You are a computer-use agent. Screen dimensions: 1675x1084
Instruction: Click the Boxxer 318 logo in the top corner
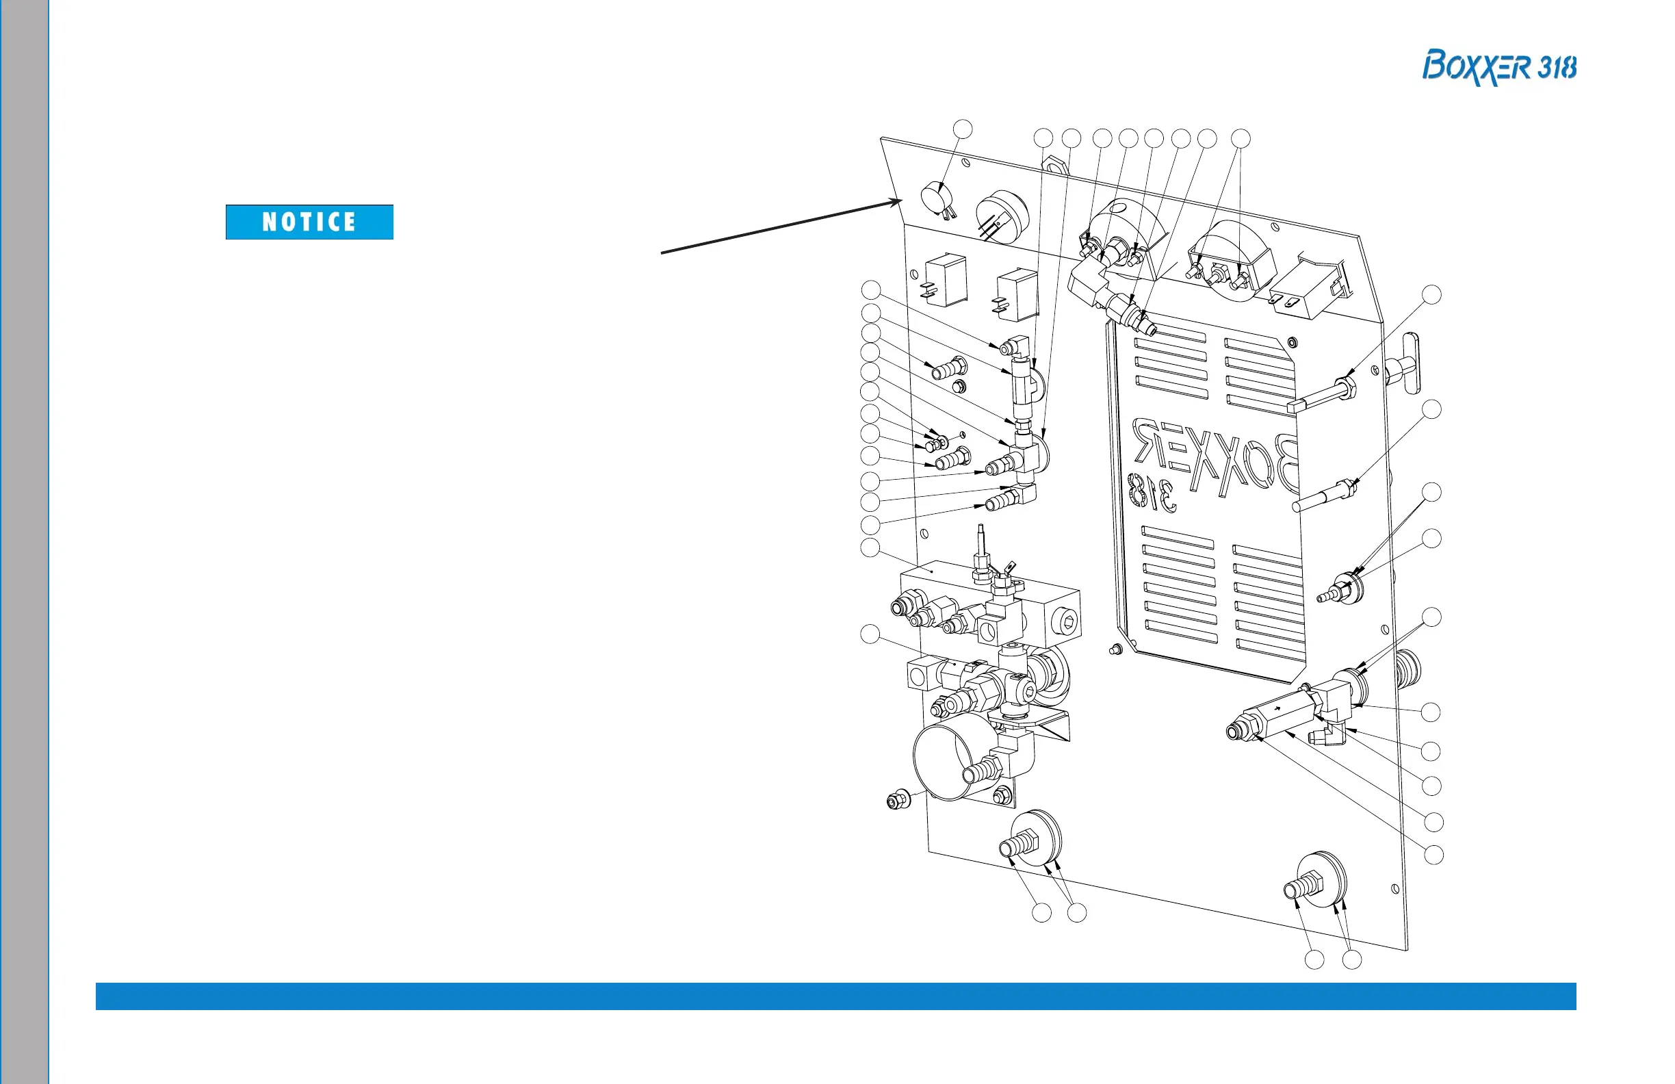pyautogui.click(x=1498, y=68)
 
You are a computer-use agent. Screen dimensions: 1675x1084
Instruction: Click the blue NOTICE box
pyautogui.click(x=309, y=222)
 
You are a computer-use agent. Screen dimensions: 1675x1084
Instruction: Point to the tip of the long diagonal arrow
pyautogui.click(x=902, y=201)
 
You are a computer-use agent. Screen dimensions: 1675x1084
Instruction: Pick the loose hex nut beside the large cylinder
pyautogui.click(x=897, y=800)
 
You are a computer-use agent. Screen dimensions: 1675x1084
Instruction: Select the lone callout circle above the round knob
pyautogui.click(x=962, y=129)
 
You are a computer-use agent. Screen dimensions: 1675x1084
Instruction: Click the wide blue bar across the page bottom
pyautogui.click(x=835, y=996)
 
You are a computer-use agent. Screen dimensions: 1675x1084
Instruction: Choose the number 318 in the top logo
pyautogui.click(x=1557, y=68)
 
